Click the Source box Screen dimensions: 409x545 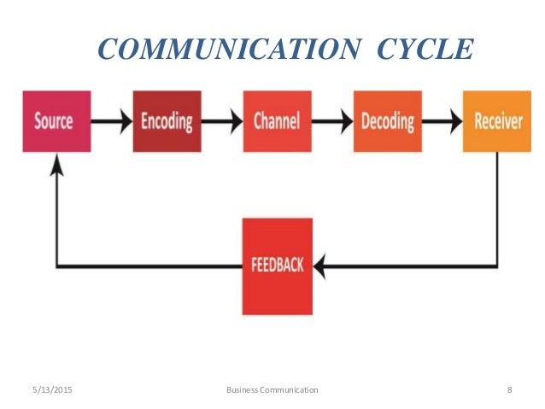[56, 120]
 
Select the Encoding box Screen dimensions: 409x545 [167, 120]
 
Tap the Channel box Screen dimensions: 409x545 [277, 120]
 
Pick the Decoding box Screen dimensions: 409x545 [387, 120]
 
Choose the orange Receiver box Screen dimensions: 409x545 [497, 120]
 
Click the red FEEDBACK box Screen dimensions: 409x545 [277, 265]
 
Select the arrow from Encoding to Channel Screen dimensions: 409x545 [221, 121]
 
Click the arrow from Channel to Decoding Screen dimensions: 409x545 [331, 121]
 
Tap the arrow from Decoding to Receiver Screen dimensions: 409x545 [442, 121]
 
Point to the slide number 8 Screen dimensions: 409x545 [509, 390]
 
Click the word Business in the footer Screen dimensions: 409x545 [244, 390]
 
